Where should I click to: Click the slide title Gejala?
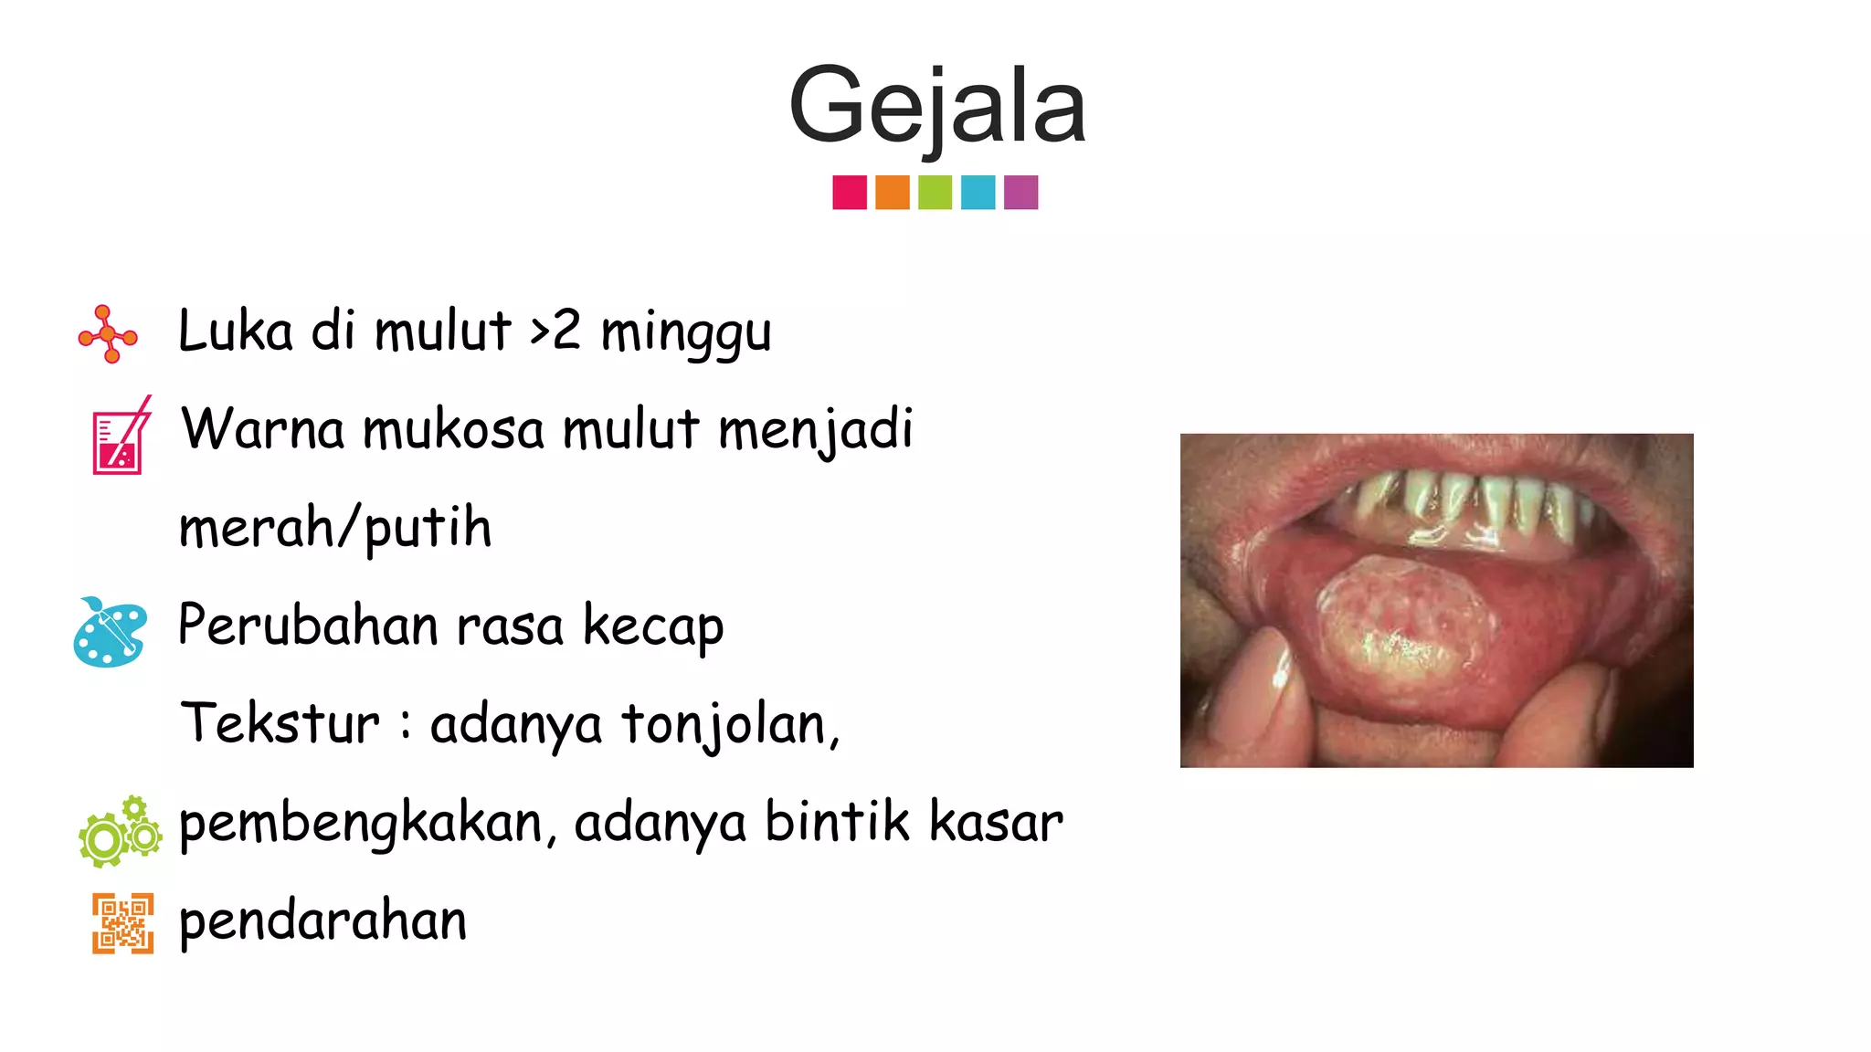tap(936, 106)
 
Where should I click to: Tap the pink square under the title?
tap(850, 193)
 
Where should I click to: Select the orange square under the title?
tap(893, 193)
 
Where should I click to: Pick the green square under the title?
tap(935, 193)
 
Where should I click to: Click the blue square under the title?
tap(978, 193)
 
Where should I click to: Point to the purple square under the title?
tap(1020, 193)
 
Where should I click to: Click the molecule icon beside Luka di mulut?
tap(108, 334)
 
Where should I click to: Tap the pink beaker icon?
tap(121, 437)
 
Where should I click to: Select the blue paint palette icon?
tap(110, 632)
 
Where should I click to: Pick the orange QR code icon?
tap(122, 923)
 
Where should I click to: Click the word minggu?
tap(686, 333)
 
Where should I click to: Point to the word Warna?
tap(263, 429)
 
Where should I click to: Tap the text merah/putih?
tap(335, 528)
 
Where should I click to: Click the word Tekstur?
tap(280, 724)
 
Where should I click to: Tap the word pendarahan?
tap(322, 921)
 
